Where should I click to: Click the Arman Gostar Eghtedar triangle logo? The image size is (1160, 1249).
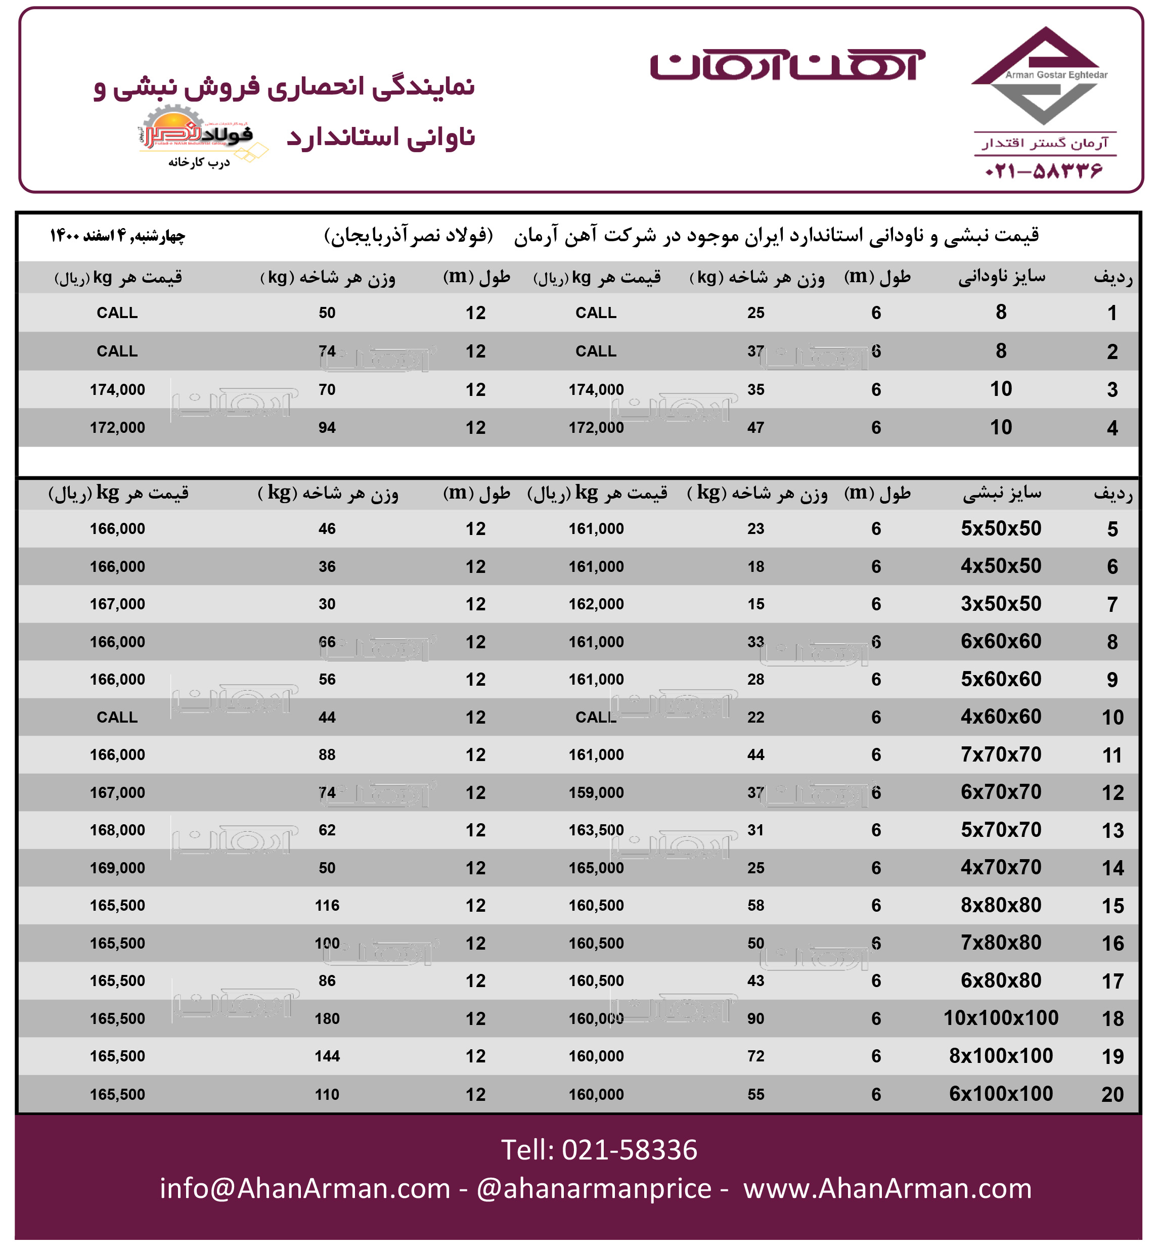[x=1042, y=76]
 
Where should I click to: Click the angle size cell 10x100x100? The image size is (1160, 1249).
[x=1001, y=1017]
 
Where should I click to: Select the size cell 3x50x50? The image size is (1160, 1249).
[x=1001, y=604]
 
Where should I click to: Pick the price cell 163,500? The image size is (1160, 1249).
[x=596, y=830]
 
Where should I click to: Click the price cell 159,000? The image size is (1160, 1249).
[x=596, y=792]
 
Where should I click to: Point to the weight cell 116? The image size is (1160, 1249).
[x=327, y=905]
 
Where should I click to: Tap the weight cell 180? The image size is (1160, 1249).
[x=327, y=1018]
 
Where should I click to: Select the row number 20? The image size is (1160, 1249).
[x=1112, y=1094]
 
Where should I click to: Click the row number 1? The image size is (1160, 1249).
[x=1112, y=313]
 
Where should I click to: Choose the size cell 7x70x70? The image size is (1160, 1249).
[x=1001, y=754]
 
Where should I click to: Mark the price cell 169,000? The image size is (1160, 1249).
[x=117, y=867]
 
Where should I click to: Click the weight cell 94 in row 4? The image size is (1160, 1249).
[x=327, y=427]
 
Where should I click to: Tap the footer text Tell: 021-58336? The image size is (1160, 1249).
[x=599, y=1150]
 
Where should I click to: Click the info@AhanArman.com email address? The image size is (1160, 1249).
[x=305, y=1188]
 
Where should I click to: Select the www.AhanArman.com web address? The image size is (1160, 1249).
[x=887, y=1188]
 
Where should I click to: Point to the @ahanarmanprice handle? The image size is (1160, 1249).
[x=594, y=1188]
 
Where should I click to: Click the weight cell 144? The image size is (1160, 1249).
[x=327, y=1056]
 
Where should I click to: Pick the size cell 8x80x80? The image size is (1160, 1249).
[x=1001, y=905]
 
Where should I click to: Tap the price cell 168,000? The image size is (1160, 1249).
[x=117, y=830]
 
